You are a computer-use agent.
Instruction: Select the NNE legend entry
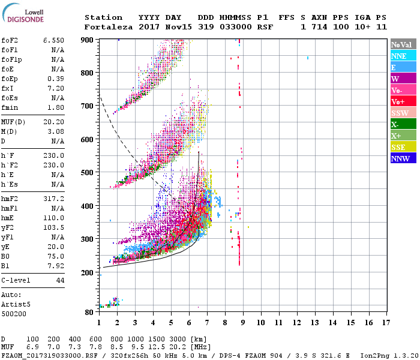[x=403, y=56]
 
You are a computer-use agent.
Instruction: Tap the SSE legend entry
[x=403, y=147]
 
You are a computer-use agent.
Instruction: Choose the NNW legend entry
[x=403, y=158]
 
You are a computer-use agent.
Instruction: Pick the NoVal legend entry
[x=403, y=44]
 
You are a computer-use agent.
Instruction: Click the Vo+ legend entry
[x=403, y=101]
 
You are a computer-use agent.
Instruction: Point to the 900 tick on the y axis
[x=88, y=40]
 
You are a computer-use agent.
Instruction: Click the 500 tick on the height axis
[x=88, y=173]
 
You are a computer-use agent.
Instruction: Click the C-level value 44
[x=60, y=280]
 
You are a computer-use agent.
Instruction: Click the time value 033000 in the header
[x=236, y=27]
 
